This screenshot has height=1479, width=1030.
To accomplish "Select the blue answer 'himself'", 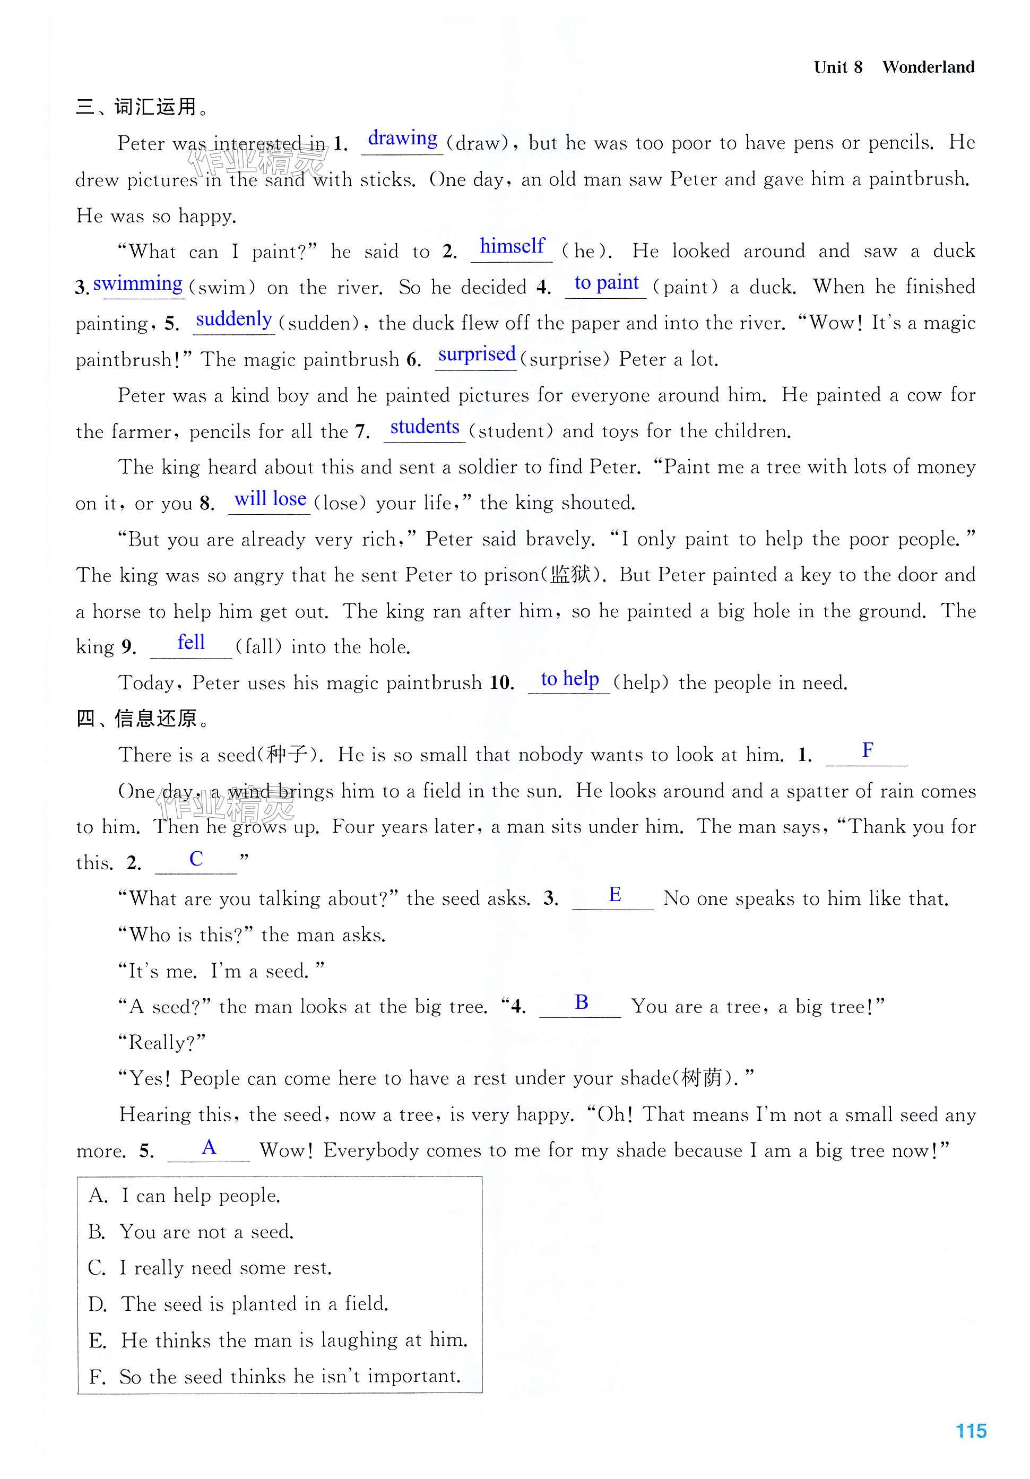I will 512,246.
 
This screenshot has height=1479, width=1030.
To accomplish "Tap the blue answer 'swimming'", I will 138,283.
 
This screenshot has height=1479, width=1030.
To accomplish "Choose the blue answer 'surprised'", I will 477,354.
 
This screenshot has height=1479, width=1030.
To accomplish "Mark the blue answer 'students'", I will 425,427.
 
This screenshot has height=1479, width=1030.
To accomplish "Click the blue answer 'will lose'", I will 270,499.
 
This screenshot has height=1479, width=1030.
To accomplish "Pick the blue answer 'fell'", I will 191,642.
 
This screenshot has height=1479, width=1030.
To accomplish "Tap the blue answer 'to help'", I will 569,678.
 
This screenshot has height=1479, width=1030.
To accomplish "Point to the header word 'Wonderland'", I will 928,67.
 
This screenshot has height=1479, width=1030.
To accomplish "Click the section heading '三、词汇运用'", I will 142,107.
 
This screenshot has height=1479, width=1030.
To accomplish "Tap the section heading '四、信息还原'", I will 142,718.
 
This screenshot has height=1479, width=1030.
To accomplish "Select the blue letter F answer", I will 867,750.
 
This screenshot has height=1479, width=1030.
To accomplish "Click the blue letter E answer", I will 614,894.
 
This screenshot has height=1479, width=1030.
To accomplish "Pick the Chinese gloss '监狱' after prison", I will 570,575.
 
